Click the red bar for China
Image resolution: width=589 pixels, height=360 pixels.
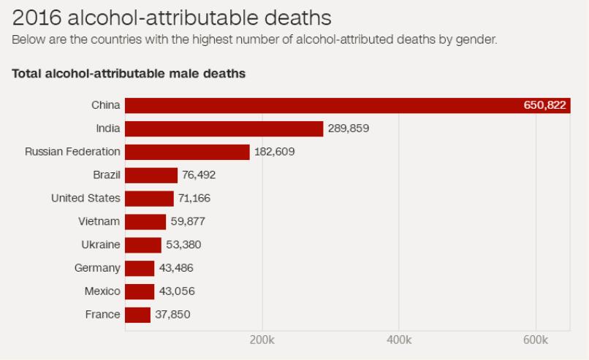pyautogui.click(x=322, y=105)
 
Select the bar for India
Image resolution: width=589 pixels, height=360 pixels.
pyautogui.click(x=224, y=129)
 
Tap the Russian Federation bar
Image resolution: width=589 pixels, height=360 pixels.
pyautogui.click(x=187, y=152)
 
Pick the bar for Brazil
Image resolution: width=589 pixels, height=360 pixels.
pyautogui.click(x=151, y=175)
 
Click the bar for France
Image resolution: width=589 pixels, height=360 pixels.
pyautogui.click(x=137, y=315)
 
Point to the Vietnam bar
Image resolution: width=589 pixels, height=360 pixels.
pyautogui.click(x=145, y=221)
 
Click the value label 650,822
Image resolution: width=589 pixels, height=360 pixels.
pyautogui.click(x=544, y=105)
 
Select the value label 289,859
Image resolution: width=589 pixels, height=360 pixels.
pyautogui.click(x=349, y=129)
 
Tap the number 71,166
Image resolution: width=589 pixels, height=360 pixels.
pyautogui.click(x=194, y=199)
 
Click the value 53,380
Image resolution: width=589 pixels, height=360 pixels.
pyautogui.click(x=181, y=245)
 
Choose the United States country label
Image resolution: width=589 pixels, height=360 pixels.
pyautogui.click(x=85, y=199)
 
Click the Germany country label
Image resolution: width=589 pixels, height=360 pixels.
pyautogui.click(x=97, y=268)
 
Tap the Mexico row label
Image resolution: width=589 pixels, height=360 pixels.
pyautogui.click(x=102, y=291)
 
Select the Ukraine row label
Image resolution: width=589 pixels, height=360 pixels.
pyautogui.click(x=101, y=245)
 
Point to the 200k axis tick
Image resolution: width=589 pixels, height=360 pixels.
pyautogui.click(x=262, y=341)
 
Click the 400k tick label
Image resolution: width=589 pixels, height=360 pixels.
pyautogui.click(x=398, y=341)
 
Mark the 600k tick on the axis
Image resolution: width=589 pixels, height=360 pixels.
pyautogui.click(x=536, y=341)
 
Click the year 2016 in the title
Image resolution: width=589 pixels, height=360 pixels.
pyautogui.click(x=34, y=16)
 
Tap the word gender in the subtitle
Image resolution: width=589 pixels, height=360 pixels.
pyautogui.click(x=476, y=39)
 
